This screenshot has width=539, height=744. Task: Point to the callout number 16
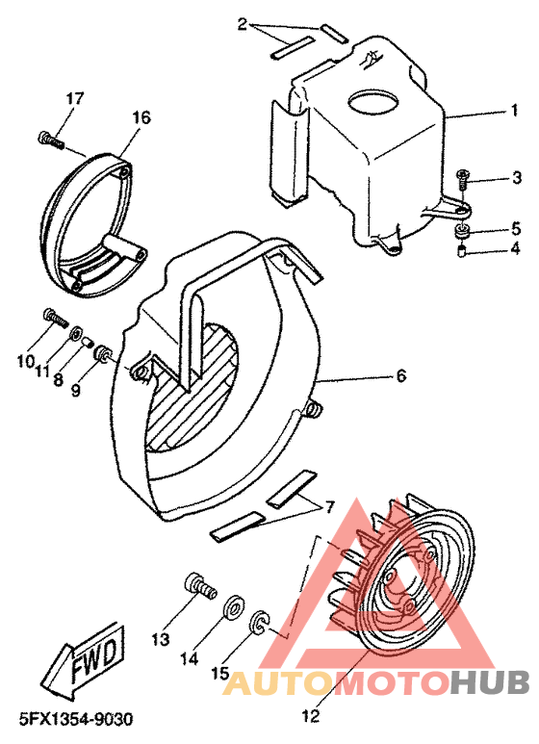[141, 117]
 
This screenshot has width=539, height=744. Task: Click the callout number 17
[75, 99]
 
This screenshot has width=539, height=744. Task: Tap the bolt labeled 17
[49, 141]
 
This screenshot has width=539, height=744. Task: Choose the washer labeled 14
[233, 609]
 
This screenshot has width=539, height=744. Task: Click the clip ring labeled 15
[259, 624]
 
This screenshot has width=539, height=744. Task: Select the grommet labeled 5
[463, 231]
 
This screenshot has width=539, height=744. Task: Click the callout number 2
[244, 23]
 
